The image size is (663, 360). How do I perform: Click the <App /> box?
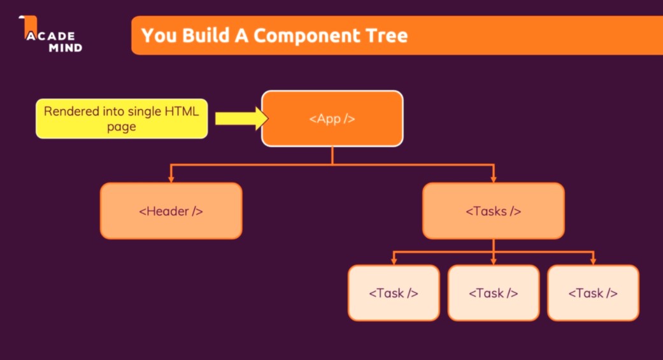(332, 119)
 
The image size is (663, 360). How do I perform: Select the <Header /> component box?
(171, 211)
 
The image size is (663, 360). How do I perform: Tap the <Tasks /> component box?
(493, 211)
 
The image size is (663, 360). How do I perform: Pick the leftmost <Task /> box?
(394, 293)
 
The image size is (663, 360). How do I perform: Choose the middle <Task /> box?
(493, 293)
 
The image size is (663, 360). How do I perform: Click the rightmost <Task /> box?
(593, 293)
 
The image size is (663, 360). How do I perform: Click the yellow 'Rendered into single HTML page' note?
(122, 119)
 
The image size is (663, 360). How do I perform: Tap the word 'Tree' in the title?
(385, 35)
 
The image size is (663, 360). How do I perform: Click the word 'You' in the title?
(157, 35)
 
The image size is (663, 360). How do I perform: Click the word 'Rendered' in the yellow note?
(71, 112)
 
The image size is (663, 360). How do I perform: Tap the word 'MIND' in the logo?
(65, 47)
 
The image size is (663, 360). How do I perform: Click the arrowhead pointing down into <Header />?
(171, 179)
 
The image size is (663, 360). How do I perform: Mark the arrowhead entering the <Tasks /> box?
(493, 179)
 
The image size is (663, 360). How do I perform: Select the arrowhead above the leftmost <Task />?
(394, 261)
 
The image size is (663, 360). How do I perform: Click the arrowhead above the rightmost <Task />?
(593, 261)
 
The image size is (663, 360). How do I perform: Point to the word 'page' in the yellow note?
(121, 127)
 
